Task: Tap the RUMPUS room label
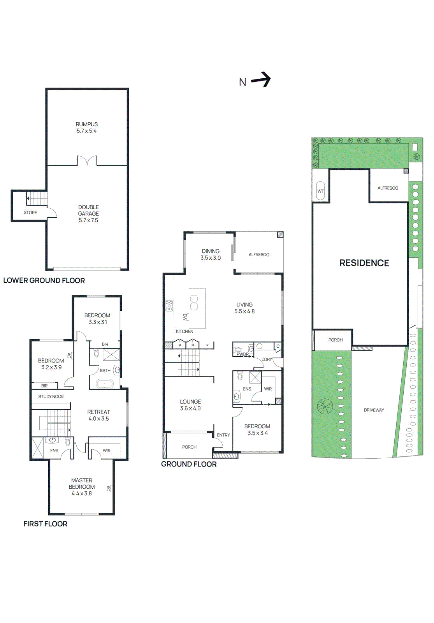point(86,124)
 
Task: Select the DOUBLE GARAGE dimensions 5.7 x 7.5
point(88,220)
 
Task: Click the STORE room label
point(30,213)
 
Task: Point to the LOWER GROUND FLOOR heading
point(44,280)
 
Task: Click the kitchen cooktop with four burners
point(169,306)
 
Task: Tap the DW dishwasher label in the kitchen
point(185,317)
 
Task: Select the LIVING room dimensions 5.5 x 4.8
point(244,311)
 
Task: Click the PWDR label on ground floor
point(242,354)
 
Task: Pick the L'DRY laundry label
point(267,359)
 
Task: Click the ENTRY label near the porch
point(223,435)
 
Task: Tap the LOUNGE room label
point(190,402)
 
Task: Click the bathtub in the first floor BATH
point(104,384)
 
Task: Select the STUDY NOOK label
point(51,397)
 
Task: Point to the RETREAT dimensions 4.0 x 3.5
point(98,419)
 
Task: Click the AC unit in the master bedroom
point(109,488)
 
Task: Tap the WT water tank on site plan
point(320,191)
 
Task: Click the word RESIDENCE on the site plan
point(364,263)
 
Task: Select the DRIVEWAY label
point(374,410)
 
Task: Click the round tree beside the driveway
point(325,406)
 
